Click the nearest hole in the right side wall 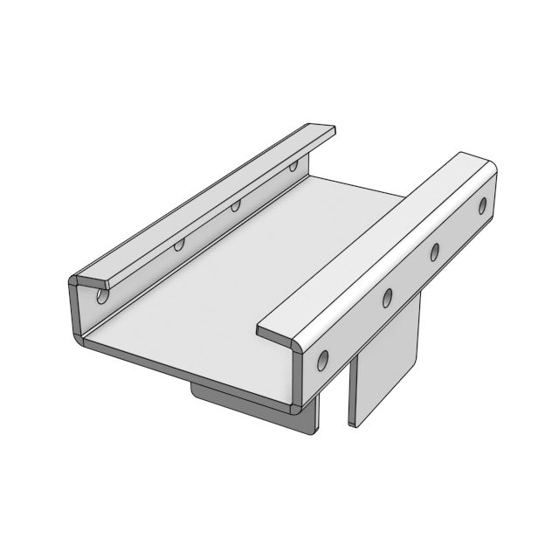[324, 359]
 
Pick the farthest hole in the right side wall [482, 206]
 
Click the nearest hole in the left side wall [103, 296]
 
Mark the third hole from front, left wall [235, 207]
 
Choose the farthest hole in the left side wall [293, 165]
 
